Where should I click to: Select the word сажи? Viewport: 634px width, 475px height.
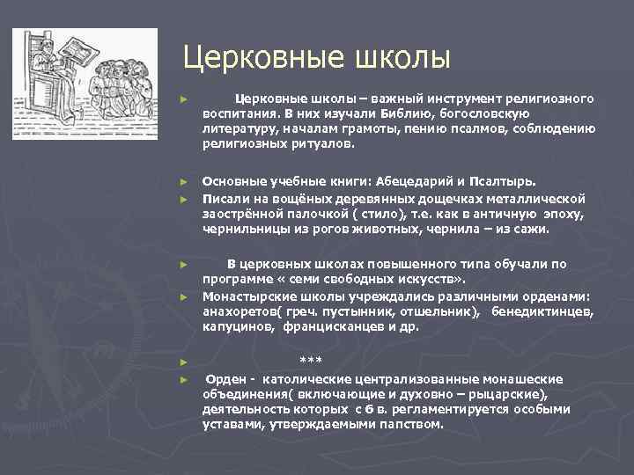point(528,229)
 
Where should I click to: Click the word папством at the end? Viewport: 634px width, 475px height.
point(410,423)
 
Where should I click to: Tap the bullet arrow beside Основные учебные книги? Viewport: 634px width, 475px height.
point(182,183)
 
